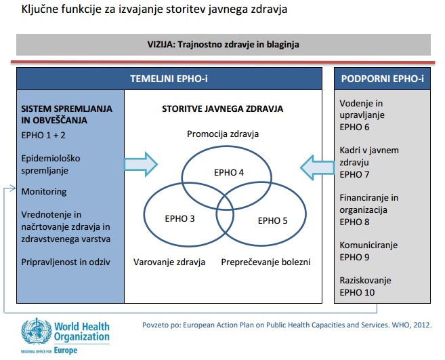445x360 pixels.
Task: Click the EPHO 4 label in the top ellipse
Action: coord(229,172)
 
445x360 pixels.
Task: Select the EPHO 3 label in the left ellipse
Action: coord(179,218)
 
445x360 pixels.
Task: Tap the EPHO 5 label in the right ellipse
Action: coord(272,220)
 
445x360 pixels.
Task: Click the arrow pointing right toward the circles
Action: coord(141,164)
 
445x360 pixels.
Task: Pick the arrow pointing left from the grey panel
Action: coord(317,167)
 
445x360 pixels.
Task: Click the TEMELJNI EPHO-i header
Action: coord(169,79)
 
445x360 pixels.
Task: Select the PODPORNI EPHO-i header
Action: coord(382,79)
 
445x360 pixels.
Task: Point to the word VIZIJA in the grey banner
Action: coord(160,45)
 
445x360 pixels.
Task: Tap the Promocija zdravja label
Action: coord(223,134)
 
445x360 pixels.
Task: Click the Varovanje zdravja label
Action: coord(169,262)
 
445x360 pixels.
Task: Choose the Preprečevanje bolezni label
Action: coord(266,262)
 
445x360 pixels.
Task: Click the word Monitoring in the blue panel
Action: coord(44,192)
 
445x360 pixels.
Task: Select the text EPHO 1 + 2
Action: coord(43,135)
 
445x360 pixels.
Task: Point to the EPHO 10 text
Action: coord(357,292)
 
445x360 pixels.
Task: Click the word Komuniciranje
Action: coord(368,245)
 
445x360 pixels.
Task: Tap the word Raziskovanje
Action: coord(365,281)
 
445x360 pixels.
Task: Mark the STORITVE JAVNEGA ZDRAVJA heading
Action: coord(222,109)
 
